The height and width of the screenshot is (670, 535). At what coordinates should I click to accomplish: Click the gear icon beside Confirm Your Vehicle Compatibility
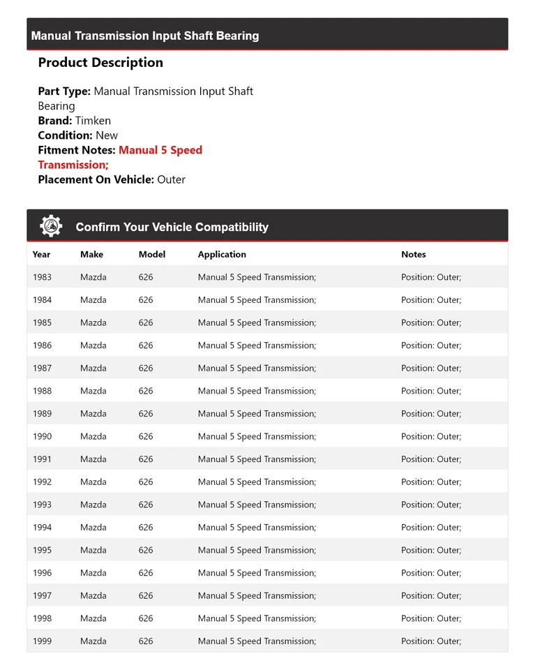click(x=51, y=226)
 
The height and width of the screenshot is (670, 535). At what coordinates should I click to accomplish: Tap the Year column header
click(x=41, y=255)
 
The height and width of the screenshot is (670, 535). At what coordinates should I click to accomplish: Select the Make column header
click(x=91, y=255)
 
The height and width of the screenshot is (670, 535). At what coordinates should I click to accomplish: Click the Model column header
click(x=152, y=255)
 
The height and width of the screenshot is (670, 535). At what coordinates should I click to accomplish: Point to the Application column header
click(x=222, y=255)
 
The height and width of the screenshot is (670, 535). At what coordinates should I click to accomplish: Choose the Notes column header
click(x=413, y=255)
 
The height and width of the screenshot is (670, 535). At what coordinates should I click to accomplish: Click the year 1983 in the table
click(x=42, y=277)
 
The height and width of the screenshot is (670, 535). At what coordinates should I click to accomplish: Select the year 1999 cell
click(x=42, y=641)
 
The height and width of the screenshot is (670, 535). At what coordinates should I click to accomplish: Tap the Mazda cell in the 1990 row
click(x=93, y=437)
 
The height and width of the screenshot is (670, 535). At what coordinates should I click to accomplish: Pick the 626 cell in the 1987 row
click(x=146, y=368)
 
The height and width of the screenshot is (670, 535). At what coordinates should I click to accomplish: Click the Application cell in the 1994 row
click(x=257, y=528)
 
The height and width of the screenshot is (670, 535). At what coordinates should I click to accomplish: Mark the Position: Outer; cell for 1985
click(x=431, y=323)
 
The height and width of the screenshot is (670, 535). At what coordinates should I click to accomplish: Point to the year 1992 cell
click(x=42, y=482)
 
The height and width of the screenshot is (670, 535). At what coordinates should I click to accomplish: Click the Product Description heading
click(x=100, y=63)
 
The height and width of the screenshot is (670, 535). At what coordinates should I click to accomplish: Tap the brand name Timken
click(x=93, y=121)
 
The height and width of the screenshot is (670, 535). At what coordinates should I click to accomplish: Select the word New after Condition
click(x=107, y=135)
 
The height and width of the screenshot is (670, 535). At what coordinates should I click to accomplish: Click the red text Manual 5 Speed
click(x=160, y=150)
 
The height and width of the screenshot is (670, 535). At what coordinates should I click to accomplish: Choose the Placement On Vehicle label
click(x=96, y=179)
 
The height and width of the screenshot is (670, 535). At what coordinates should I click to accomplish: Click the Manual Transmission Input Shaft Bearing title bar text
click(x=145, y=36)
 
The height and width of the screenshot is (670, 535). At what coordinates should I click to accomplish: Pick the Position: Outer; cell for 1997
click(x=431, y=596)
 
